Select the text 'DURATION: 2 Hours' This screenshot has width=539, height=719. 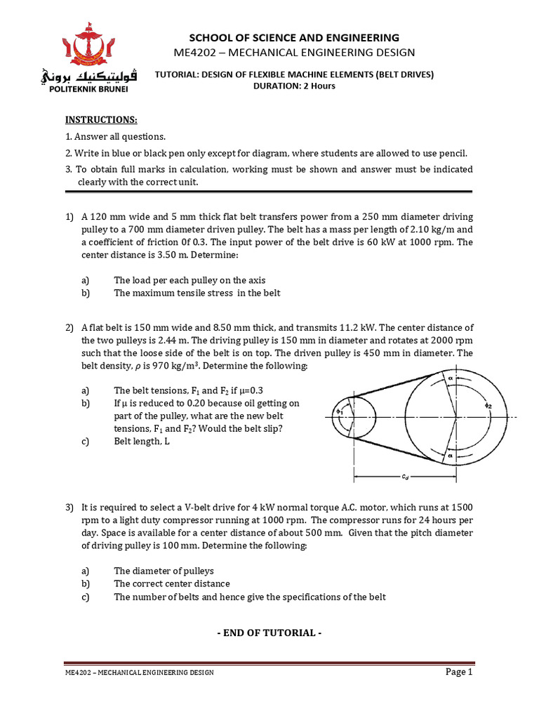tap(294, 86)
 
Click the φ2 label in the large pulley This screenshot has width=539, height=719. tap(487, 406)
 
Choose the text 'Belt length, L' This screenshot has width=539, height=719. tap(142, 442)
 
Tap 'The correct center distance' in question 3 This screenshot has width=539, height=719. tap(172, 583)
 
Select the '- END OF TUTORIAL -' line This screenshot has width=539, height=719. tap(269, 633)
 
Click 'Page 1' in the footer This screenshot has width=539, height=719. tap(460, 672)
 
